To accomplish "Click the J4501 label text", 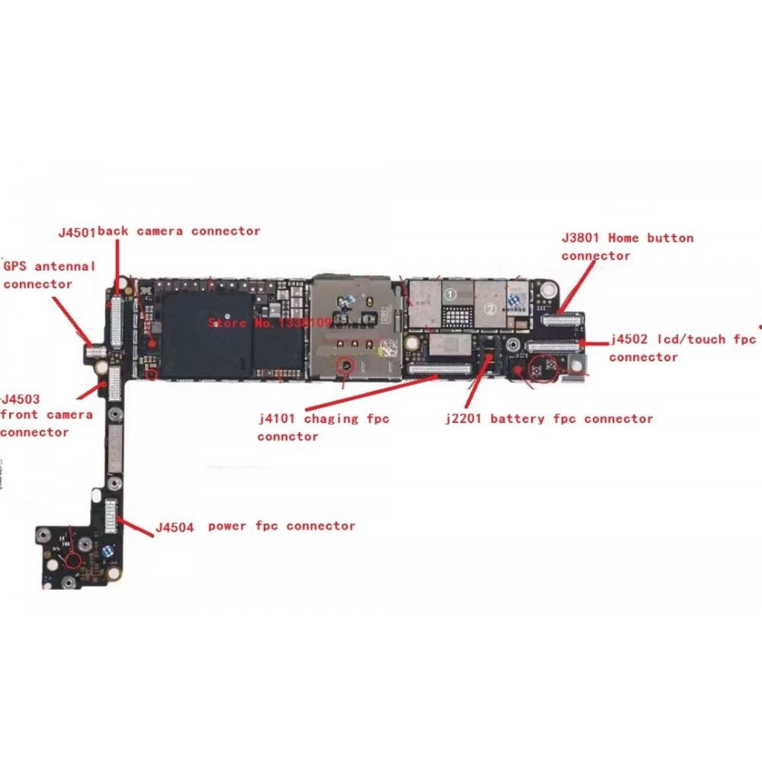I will click(77, 233).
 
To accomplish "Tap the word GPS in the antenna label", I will click(15, 266).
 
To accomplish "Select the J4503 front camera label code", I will click(21, 399).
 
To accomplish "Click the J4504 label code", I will click(175, 527).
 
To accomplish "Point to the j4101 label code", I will click(277, 419).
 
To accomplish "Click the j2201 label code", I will click(462, 419).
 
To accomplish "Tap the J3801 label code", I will click(580, 238).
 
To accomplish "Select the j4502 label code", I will click(629, 339).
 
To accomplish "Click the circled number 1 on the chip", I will click(450, 294).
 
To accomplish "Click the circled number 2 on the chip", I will click(490, 308).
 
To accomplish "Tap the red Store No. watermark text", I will click(269, 323).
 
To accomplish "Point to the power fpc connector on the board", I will click(110, 516).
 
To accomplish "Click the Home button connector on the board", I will click(561, 320).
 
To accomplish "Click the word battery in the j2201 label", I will click(518, 419).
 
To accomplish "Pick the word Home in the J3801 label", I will click(623, 238).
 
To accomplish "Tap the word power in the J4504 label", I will click(227, 526).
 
